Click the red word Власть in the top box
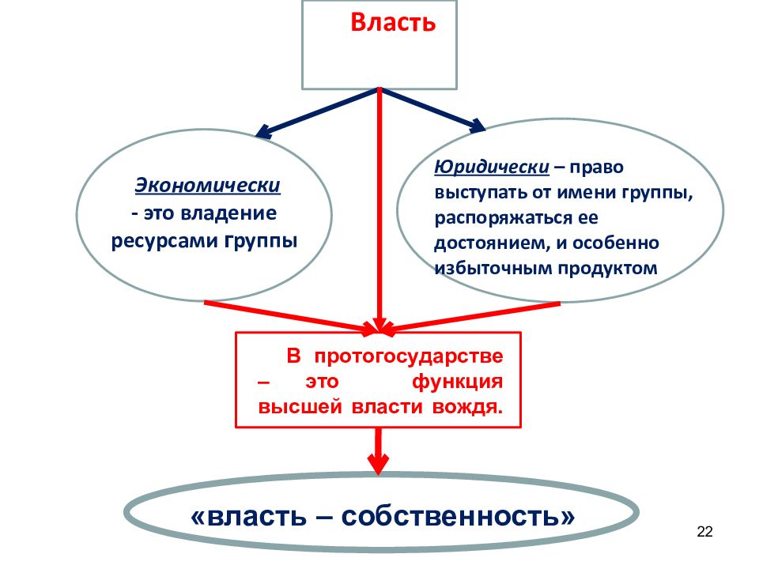coord(393,22)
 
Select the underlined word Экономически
coord(208,185)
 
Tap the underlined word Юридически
coord(492,167)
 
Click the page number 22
coord(704,532)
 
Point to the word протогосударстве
coord(409,356)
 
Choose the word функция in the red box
coord(458,382)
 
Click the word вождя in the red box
coord(467,407)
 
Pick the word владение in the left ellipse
coord(228,213)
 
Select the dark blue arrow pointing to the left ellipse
coord(316,112)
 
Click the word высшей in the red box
coord(300,407)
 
